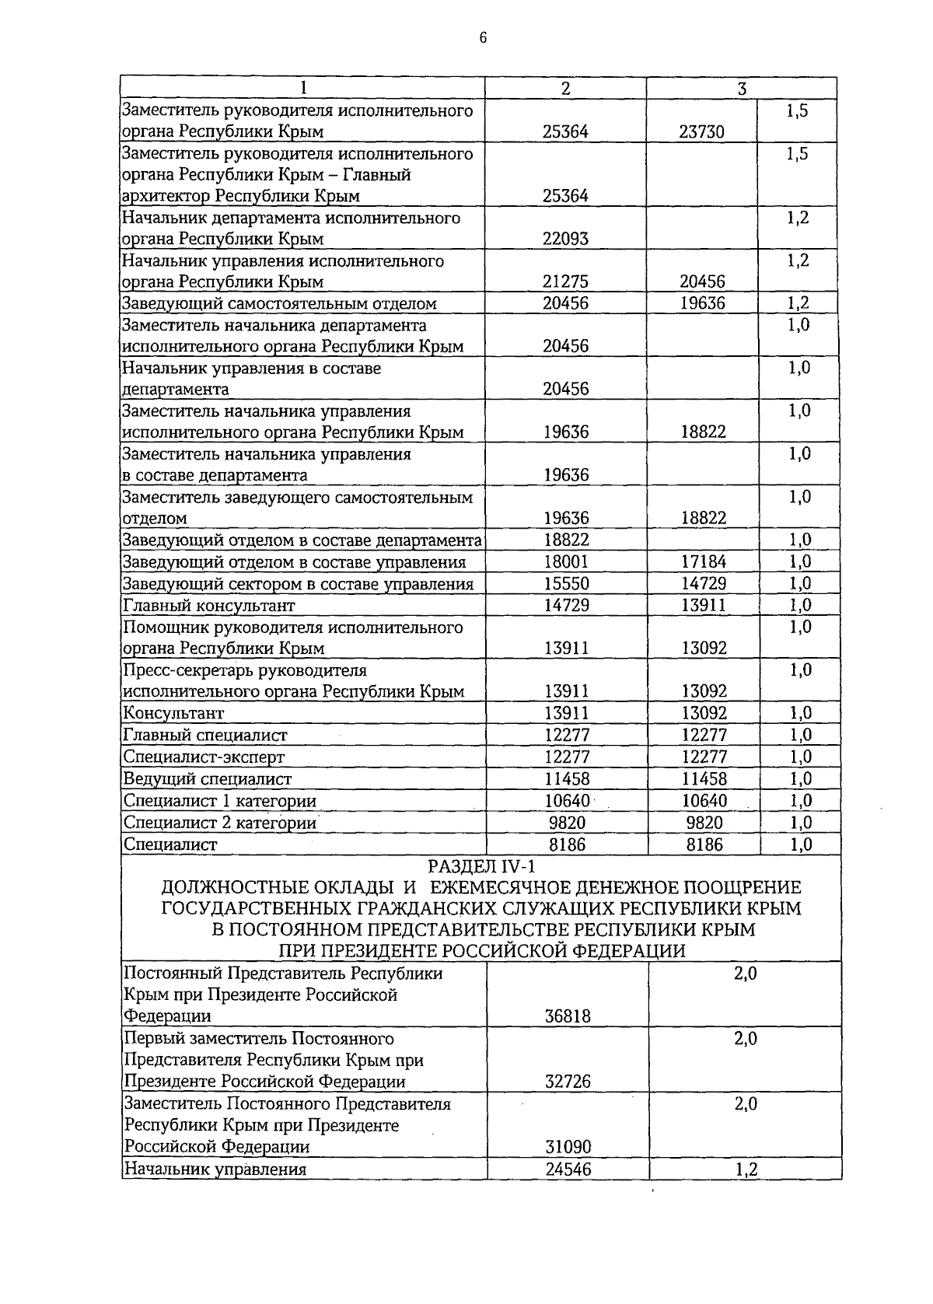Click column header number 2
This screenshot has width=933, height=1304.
click(x=565, y=89)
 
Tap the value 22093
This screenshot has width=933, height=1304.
click(x=565, y=239)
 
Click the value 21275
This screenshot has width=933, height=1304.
click(x=565, y=282)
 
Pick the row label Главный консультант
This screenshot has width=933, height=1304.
click(x=209, y=606)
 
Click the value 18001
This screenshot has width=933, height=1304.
click(x=565, y=562)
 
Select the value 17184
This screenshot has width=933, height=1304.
click(x=703, y=562)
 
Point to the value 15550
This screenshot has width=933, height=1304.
click(x=565, y=584)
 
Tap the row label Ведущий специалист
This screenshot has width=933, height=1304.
click(x=208, y=779)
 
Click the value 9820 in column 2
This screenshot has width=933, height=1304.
click(x=565, y=823)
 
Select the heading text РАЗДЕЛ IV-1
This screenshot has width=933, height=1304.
click(x=481, y=866)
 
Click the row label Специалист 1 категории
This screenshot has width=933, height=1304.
click(x=220, y=801)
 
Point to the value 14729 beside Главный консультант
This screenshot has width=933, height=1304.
click(x=565, y=606)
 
